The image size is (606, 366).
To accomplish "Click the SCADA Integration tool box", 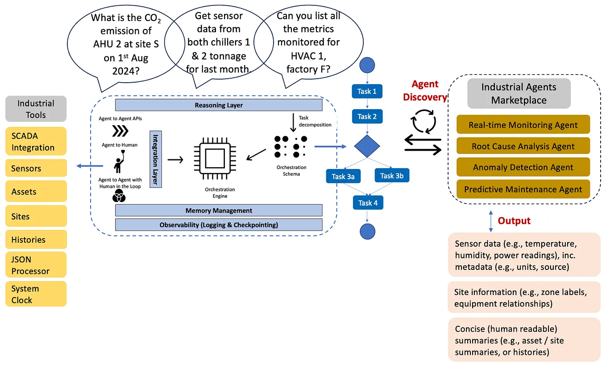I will point(36,141).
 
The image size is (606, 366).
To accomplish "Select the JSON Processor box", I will point(36,265).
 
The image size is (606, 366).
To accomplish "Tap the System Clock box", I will point(36,294).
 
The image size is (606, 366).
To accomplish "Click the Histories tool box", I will point(36,240).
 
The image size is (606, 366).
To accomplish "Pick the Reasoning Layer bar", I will point(219,105).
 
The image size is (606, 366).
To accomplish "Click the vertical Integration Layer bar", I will point(156,160).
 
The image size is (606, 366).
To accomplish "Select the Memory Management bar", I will point(219,210).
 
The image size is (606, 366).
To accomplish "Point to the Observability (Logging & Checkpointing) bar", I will point(219,225).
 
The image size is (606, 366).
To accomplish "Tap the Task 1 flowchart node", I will point(367,92).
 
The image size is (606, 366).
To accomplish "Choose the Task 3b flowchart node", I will point(391,176).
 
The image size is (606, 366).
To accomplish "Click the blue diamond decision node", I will point(367,146).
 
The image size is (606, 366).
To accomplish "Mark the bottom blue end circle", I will point(367,231).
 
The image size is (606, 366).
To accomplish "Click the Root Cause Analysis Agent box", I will point(523,146).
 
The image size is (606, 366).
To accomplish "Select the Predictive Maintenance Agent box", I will point(523,189).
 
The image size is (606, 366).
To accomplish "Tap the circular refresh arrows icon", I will point(423,122).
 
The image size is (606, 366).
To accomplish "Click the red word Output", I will point(514,221).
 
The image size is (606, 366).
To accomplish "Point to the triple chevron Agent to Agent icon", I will point(119,130).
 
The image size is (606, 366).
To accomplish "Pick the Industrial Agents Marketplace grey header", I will point(519,93).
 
